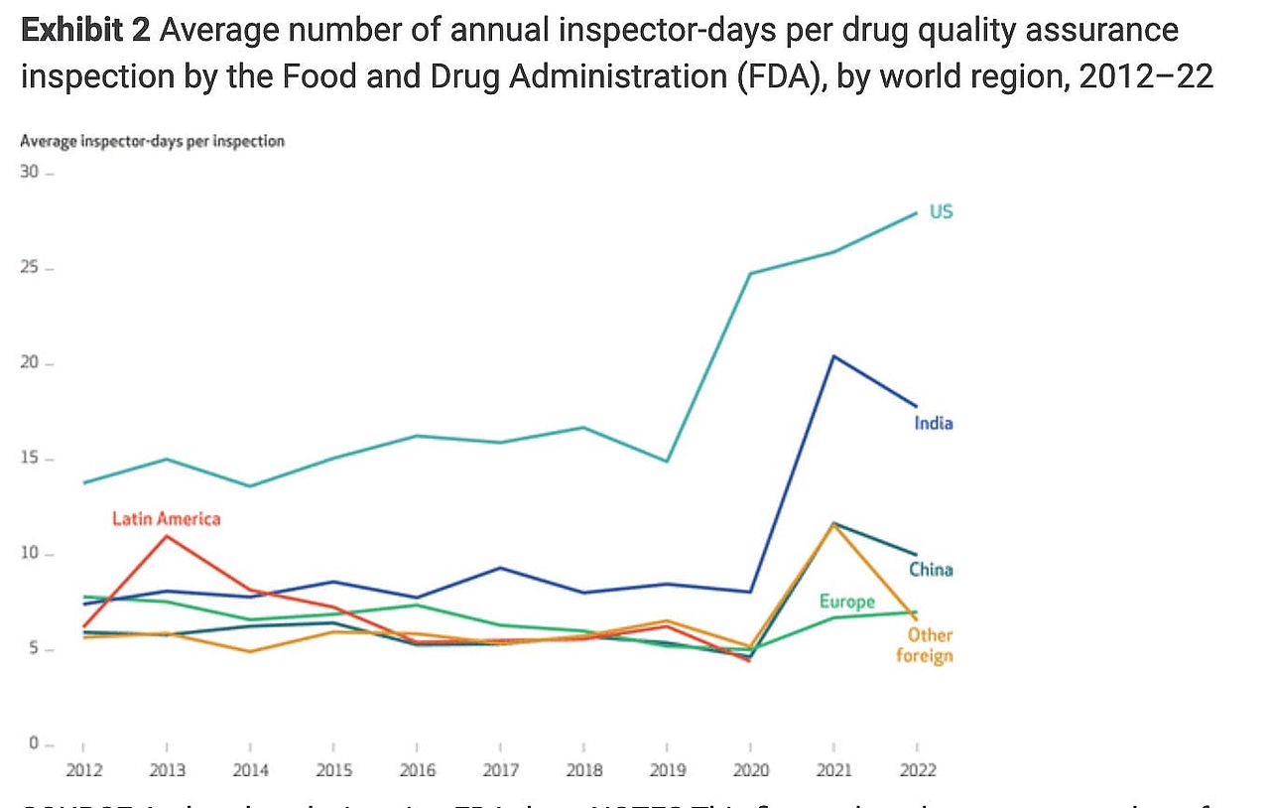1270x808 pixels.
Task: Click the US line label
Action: click(x=941, y=211)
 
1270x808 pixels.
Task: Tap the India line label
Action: click(x=933, y=423)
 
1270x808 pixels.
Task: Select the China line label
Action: click(x=931, y=570)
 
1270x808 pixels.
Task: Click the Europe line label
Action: click(x=846, y=602)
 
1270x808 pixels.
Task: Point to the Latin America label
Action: click(x=166, y=518)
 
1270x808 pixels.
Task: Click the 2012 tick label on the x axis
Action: click(x=82, y=770)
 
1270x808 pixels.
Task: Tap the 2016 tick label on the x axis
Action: click(x=417, y=770)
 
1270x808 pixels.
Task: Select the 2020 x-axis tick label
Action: click(x=750, y=770)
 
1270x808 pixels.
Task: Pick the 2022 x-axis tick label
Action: click(x=916, y=770)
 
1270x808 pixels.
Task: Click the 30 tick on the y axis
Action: click(x=30, y=173)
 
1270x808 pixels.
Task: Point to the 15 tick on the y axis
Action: click(x=30, y=459)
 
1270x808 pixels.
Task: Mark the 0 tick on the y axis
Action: click(x=33, y=743)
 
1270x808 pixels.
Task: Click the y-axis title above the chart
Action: click(x=152, y=141)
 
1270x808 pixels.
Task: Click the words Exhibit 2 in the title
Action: click(x=85, y=31)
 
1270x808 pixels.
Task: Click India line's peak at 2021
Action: click(x=833, y=356)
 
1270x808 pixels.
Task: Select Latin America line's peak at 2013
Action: click(x=167, y=536)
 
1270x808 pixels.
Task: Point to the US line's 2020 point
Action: click(x=750, y=273)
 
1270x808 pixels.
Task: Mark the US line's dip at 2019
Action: click(x=667, y=462)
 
